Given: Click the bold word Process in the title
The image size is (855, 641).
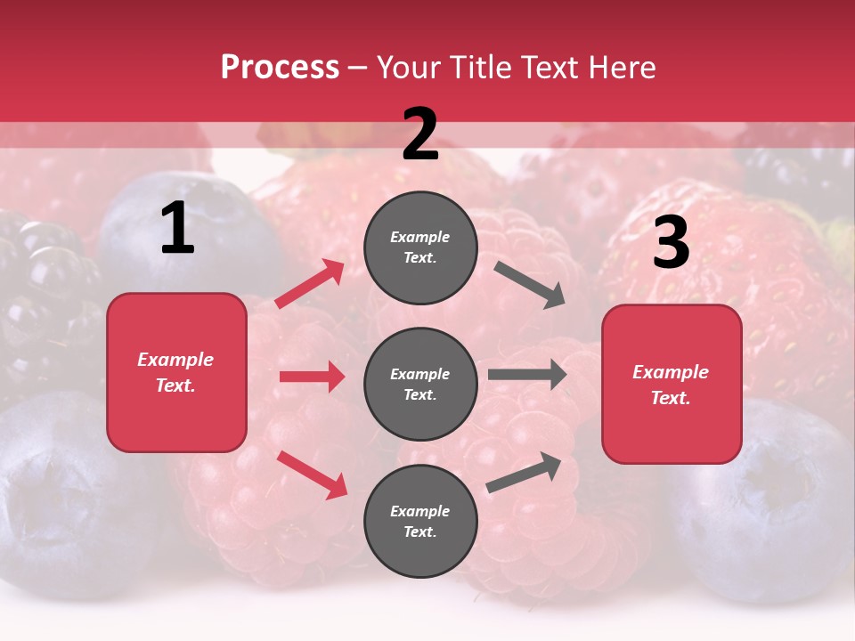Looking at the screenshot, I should point(280,68).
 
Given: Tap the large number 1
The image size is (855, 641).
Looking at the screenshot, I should point(177,230).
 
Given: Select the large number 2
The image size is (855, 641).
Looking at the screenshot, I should point(420,134).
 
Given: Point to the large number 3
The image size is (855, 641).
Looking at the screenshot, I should point(671,242).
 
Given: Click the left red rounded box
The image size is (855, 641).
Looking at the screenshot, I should point(176,372).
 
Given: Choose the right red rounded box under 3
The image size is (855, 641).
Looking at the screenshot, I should point(672,384).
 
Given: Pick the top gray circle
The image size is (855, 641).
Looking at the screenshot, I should point(420,247).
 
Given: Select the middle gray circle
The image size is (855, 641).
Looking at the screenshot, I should point(420,384).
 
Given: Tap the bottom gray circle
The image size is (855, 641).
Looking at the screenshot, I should point(420,521).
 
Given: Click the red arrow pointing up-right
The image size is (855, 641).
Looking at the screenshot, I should point(310,283).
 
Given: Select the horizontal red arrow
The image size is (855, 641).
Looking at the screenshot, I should point(312,377).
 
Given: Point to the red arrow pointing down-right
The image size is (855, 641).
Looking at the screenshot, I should point(312,475).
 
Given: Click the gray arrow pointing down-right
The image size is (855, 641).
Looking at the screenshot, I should point(530,285).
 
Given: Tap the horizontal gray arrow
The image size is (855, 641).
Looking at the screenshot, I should point(527,375).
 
